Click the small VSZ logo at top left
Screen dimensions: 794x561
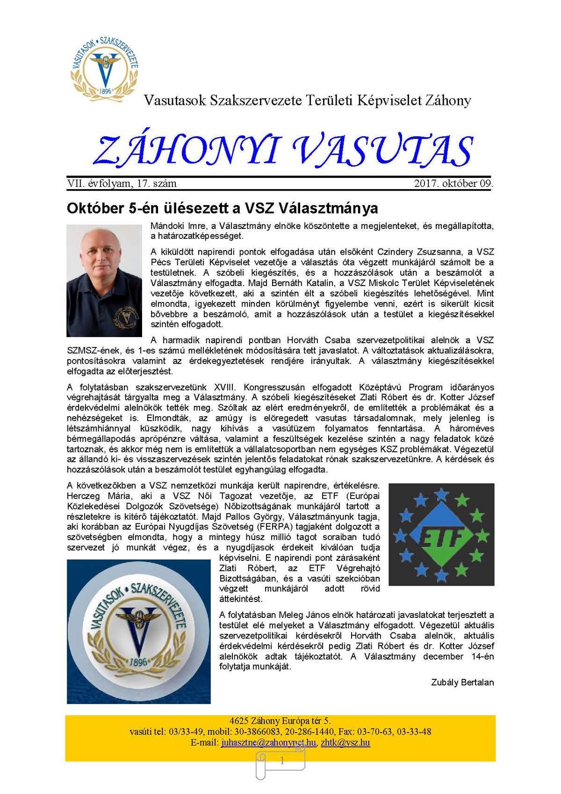pos(104,66)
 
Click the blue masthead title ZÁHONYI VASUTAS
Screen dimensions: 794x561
pos(282,151)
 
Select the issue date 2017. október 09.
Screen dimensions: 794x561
pos(453,184)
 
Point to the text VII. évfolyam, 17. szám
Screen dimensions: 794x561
pos(122,184)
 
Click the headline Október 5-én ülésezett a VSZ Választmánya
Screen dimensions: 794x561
pos(222,208)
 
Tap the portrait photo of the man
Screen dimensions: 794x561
pos(104,280)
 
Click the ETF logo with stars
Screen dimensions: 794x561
pos(441,534)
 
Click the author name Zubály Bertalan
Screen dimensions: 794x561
pos(462,682)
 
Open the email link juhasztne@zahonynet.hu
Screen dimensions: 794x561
pos(268,743)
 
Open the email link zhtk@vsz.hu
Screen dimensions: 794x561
pos(345,743)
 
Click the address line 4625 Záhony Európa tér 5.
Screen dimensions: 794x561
pos(280,721)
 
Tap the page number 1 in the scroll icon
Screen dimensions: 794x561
pos(281,761)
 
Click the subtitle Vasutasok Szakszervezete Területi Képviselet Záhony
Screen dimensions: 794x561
pos(307,100)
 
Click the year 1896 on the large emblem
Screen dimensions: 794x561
pos(139,662)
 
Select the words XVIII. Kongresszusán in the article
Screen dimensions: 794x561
pos(260,387)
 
